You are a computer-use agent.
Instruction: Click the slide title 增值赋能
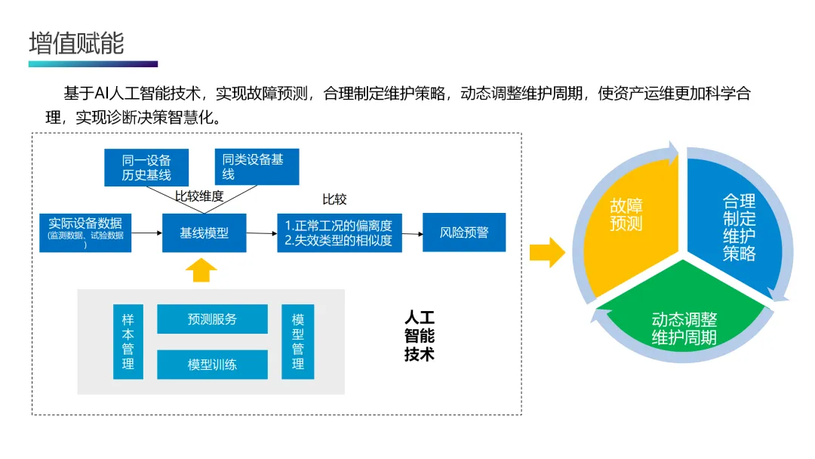(76, 43)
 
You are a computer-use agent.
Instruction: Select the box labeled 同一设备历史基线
(146, 168)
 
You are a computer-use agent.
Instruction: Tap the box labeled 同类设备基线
(257, 167)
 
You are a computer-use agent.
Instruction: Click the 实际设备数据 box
(85, 233)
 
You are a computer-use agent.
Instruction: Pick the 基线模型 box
(204, 233)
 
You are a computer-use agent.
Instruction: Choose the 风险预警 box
(463, 233)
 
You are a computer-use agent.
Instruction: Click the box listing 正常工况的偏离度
(339, 233)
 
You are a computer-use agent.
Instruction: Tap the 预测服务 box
(212, 319)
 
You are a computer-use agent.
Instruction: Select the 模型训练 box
(212, 365)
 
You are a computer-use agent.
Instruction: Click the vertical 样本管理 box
(128, 342)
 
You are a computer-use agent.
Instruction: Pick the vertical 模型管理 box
(297, 342)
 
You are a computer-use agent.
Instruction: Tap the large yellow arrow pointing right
(546, 253)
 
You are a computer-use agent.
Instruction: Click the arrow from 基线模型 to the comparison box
(262, 233)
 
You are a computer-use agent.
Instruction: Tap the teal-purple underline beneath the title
(93, 64)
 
